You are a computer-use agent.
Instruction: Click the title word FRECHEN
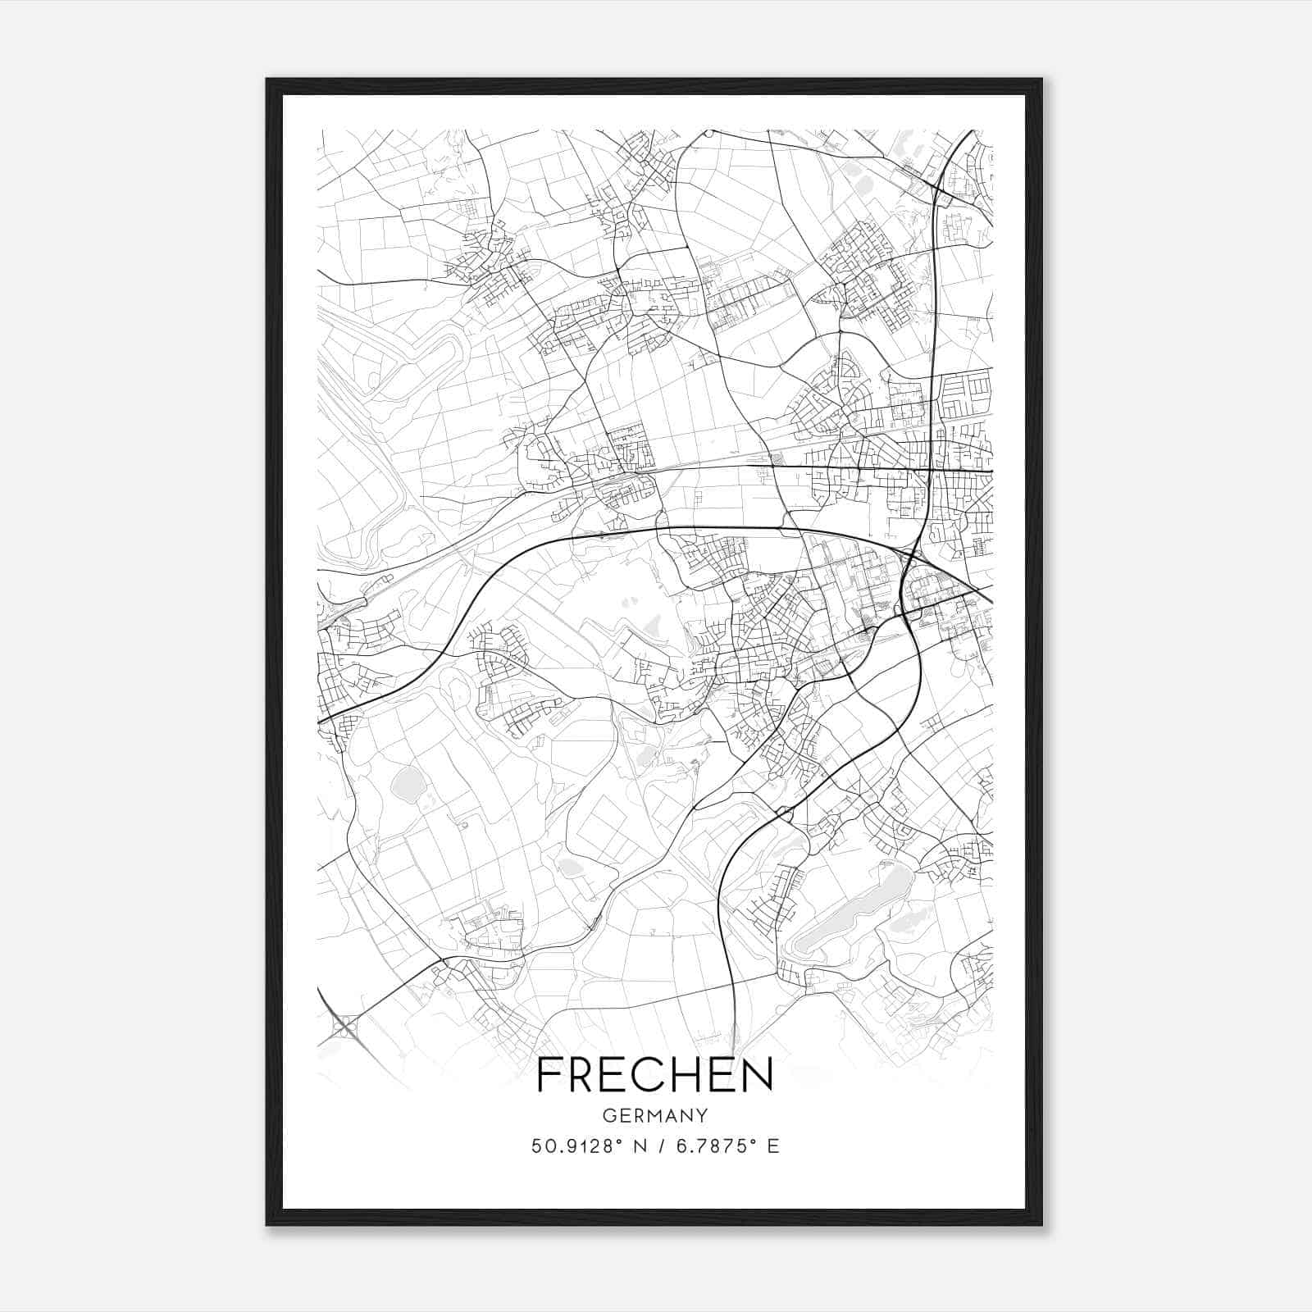point(655,1075)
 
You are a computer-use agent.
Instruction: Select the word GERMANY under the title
point(655,1115)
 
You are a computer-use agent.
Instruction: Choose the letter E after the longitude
point(772,1146)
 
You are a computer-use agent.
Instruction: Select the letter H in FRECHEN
point(689,1075)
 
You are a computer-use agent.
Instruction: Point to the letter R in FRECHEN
point(583,1075)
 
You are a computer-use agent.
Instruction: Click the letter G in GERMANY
point(608,1115)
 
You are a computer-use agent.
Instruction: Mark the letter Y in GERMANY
point(703,1115)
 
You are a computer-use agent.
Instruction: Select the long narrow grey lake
point(853,910)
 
